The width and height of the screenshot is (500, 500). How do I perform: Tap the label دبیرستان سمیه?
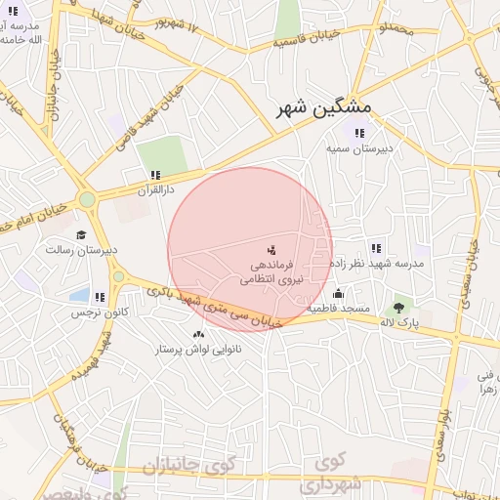coord(358,148)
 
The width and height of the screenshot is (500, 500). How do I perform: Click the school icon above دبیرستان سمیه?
coord(358,133)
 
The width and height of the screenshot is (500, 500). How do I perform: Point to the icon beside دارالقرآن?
coord(155,175)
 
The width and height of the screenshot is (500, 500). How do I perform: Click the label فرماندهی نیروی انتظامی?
coord(271,271)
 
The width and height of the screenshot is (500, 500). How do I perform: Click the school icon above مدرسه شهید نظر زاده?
coord(376,248)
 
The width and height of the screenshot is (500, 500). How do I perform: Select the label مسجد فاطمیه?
coord(338,309)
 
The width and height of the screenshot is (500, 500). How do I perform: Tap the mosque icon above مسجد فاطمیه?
coord(338,293)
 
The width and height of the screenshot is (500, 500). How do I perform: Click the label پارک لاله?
coord(400,321)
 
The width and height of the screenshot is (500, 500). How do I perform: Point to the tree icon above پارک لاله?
coord(398,306)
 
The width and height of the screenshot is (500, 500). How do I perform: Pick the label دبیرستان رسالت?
coord(81,250)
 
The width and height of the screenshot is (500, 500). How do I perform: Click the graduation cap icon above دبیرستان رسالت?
coord(81,234)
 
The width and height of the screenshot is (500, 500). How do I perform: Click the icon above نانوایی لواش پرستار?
coord(199,334)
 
